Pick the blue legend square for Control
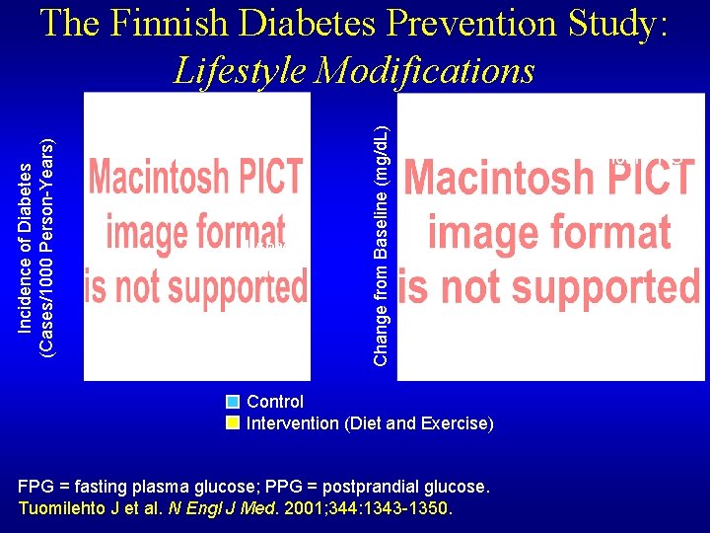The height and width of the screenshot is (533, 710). point(233,402)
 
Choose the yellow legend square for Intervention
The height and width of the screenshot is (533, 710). point(233,423)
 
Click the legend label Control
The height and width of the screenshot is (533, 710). point(275,402)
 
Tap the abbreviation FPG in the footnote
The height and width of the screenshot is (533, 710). point(36,488)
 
